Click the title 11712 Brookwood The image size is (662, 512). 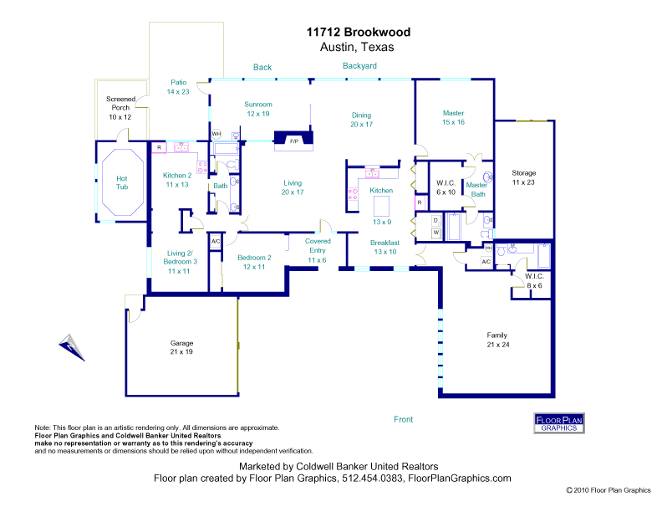[x=357, y=33]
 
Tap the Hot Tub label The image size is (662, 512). [x=122, y=182]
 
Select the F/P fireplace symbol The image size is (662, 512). [x=294, y=141]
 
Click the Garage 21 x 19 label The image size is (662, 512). [x=182, y=347]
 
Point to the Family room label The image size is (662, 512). [x=497, y=339]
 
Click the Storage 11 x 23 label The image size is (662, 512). [x=524, y=177]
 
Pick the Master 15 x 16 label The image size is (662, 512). [x=454, y=117]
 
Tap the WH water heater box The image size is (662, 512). [x=216, y=134]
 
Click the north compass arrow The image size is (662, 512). [x=71, y=346]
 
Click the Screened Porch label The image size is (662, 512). [x=120, y=107]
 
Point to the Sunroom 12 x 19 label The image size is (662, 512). [x=257, y=109]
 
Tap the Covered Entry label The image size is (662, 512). [x=318, y=250]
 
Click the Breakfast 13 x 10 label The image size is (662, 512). [x=385, y=247]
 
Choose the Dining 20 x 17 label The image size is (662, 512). [x=361, y=119]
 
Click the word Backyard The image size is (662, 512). [x=359, y=65]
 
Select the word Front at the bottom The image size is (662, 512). [x=404, y=419]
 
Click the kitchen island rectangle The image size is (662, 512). [x=382, y=204]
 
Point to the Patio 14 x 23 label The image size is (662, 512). [x=178, y=87]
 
